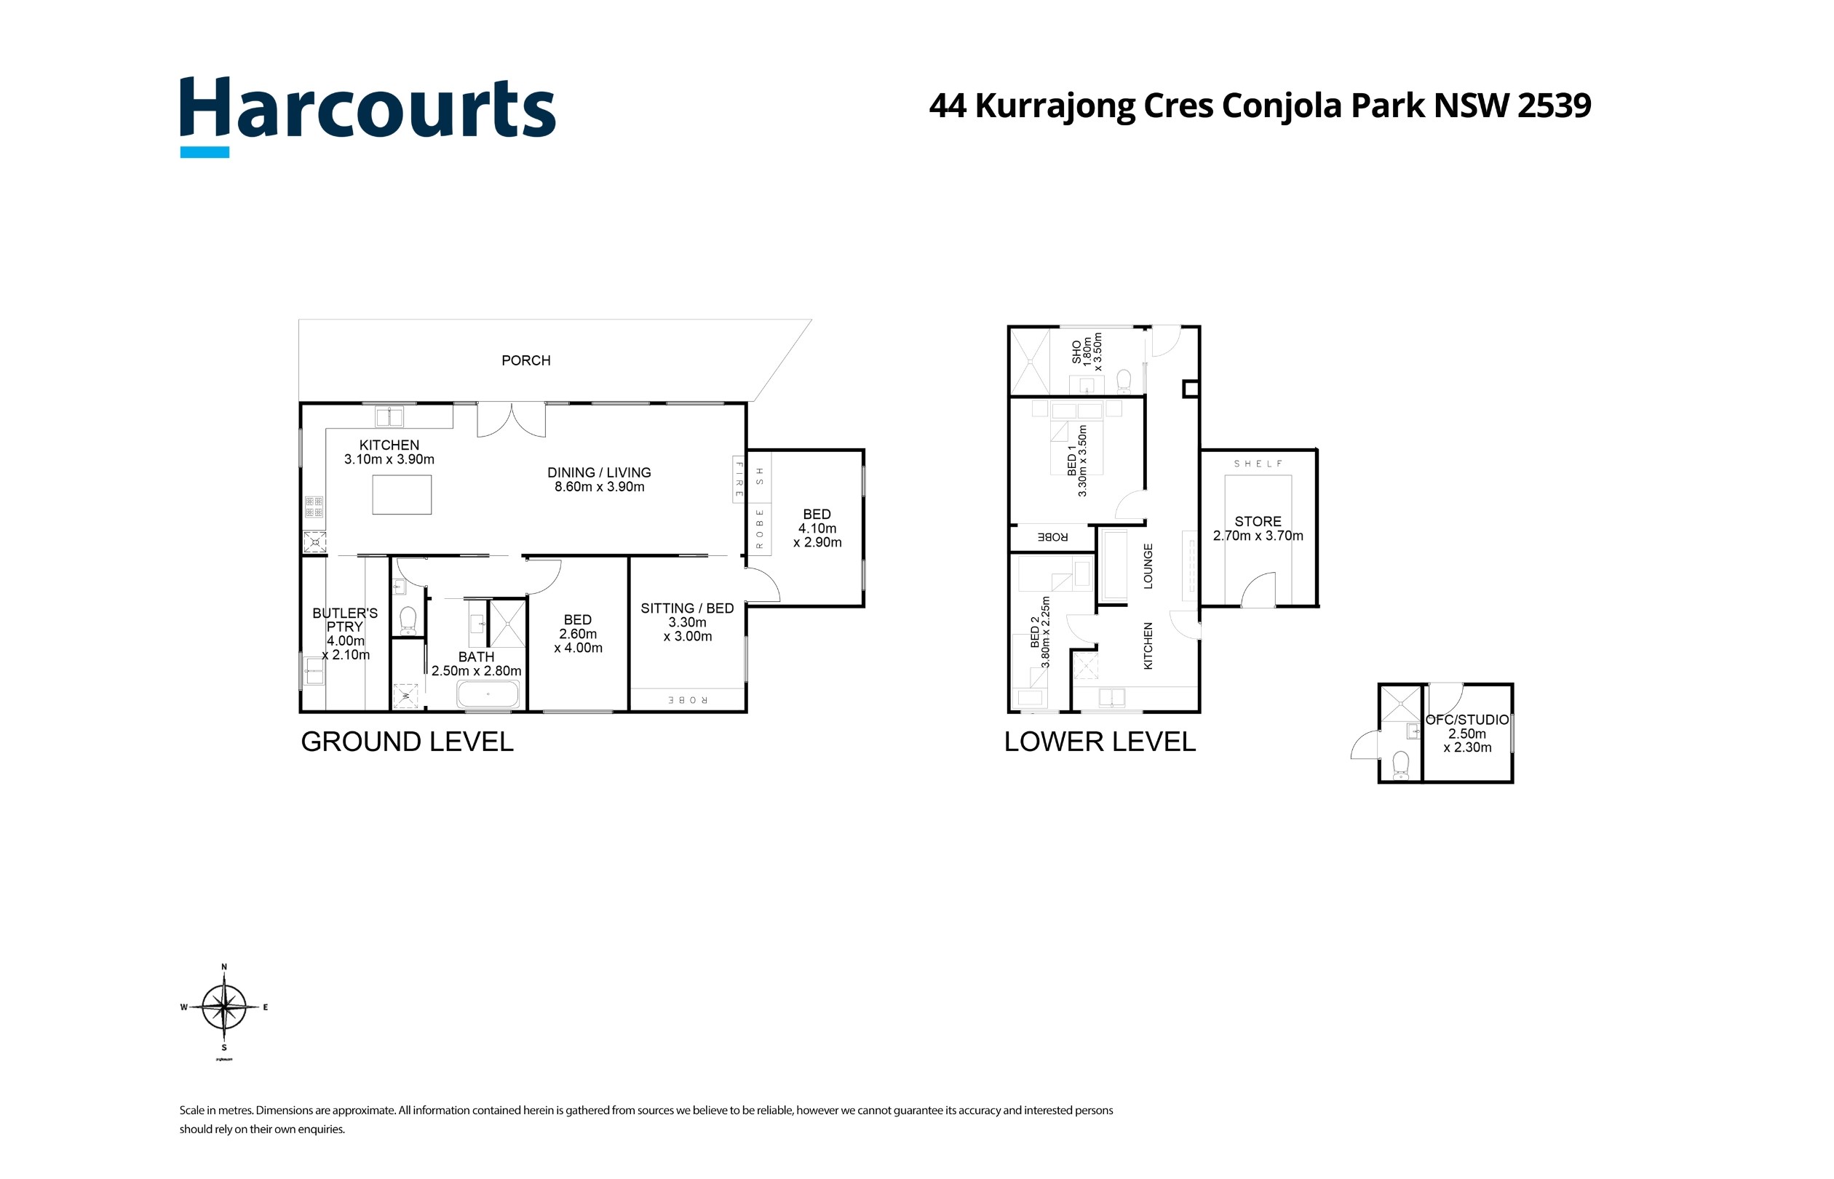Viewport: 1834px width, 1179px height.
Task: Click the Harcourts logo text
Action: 368,108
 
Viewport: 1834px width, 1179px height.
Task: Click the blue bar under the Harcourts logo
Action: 205,152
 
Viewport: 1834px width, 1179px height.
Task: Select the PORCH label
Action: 526,360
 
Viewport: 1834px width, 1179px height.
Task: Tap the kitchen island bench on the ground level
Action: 402,495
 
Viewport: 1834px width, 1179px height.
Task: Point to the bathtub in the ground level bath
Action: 488,695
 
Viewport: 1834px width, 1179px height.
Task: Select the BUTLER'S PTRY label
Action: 344,619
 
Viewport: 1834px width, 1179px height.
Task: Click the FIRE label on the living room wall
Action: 739,480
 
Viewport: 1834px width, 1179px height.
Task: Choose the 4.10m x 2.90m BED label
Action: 817,528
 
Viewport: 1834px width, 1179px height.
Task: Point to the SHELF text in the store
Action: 1258,464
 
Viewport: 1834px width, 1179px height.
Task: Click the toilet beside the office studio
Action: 1401,763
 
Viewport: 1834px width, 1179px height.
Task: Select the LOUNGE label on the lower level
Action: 1148,565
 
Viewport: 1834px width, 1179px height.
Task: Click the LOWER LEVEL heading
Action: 1099,741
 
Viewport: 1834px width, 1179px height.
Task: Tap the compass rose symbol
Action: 223,1007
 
